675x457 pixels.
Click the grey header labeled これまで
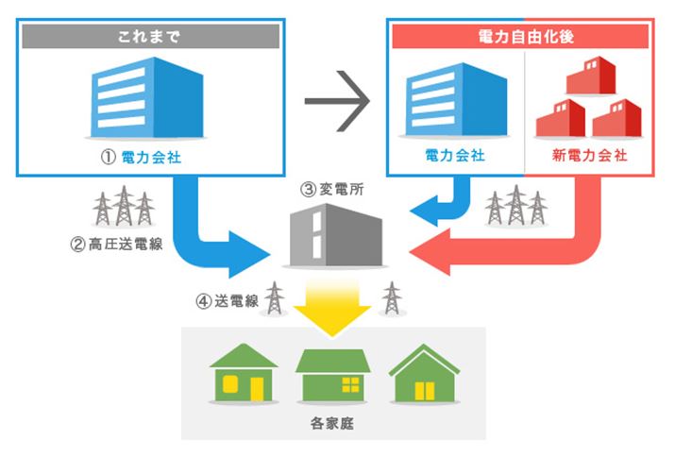[x=151, y=37]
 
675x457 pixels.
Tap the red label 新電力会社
[x=588, y=155]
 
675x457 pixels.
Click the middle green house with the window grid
[x=332, y=375]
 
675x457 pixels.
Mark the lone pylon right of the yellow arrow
[x=391, y=298]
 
